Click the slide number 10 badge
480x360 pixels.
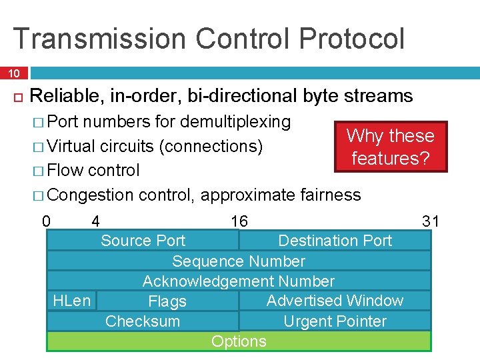(x=14, y=72)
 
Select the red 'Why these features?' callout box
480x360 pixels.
(x=390, y=147)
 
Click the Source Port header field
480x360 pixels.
(x=143, y=241)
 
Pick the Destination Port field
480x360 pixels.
(x=335, y=241)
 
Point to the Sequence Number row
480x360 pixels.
(x=239, y=261)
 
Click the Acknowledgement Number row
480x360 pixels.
(x=239, y=281)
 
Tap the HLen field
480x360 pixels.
(x=71, y=301)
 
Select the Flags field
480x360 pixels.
(x=167, y=301)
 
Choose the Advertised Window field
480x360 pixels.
(x=335, y=301)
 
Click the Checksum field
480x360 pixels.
(x=143, y=321)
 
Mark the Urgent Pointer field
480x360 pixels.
(x=335, y=321)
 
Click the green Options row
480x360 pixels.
(x=239, y=341)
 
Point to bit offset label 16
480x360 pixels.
(x=239, y=221)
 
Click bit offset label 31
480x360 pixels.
(x=431, y=221)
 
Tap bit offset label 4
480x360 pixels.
(x=96, y=221)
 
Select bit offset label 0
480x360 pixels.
(x=46, y=221)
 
